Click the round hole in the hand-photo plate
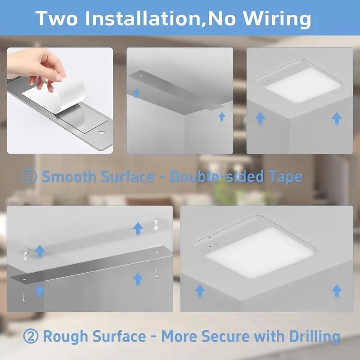coord(102,133)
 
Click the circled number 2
coord(30,336)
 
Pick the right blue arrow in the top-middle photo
coord(221,117)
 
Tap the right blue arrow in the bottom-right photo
coord(336,291)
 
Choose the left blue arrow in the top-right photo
coord(260,118)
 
